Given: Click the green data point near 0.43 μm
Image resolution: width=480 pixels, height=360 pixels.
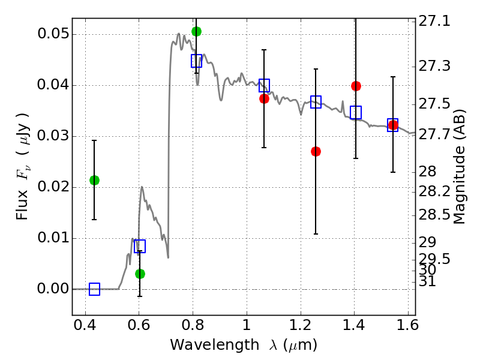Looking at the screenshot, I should (x=94, y=180).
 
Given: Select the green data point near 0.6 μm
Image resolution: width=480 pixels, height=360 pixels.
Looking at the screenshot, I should (x=140, y=274).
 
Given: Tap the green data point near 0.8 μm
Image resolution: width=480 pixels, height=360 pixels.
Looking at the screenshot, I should (x=196, y=31).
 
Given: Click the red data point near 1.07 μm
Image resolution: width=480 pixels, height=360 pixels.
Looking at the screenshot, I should (x=264, y=98).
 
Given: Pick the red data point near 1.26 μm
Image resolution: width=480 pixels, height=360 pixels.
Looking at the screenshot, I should (x=316, y=151).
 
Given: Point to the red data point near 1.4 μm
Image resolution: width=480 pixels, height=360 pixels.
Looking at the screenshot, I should (x=356, y=86).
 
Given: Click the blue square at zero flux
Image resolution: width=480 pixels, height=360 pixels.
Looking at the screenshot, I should (x=94, y=289).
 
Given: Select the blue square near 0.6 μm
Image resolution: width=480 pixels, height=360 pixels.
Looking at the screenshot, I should (x=140, y=246).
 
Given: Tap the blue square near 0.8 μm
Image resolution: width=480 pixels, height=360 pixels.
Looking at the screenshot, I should (x=196, y=61).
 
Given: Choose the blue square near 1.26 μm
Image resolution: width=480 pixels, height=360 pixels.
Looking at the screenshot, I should (x=316, y=102).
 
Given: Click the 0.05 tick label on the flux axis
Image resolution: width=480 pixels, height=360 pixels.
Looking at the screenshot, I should (x=52, y=34).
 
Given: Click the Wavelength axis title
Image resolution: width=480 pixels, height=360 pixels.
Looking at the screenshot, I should (x=243, y=346).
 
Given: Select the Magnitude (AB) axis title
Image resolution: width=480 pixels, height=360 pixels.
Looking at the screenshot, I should (x=460, y=166).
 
